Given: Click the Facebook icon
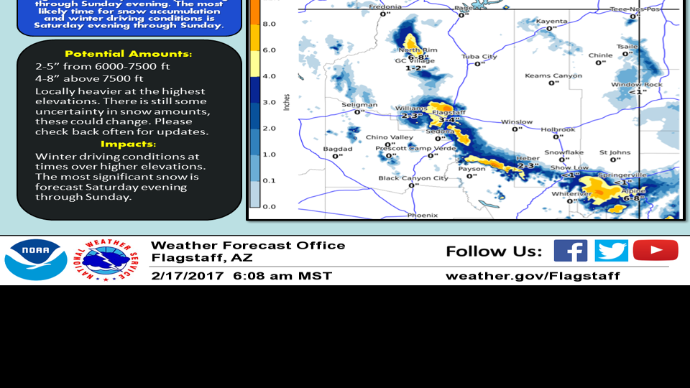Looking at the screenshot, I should [x=571, y=251].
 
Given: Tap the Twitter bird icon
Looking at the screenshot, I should [x=611, y=251].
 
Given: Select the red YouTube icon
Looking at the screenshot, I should [x=655, y=250].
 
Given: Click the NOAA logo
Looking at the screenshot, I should [x=36, y=259].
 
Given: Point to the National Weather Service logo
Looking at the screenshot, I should [x=108, y=259].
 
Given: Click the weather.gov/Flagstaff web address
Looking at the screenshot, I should [x=533, y=276].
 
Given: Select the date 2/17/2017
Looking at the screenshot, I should [x=187, y=276].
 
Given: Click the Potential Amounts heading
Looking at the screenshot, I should [x=129, y=54].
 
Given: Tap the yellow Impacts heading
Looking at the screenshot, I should [x=129, y=144].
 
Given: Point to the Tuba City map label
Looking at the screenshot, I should [x=479, y=57].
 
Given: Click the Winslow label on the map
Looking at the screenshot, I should [x=517, y=122].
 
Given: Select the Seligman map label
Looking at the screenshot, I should [x=359, y=105].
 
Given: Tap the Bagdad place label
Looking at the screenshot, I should [x=337, y=149].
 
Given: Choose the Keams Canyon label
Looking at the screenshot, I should [x=553, y=75].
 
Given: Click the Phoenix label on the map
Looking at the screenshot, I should [x=423, y=215].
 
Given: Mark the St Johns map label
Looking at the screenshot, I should [x=615, y=152].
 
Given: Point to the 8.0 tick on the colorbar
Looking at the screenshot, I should [x=269, y=24].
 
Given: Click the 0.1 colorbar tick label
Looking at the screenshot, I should [x=269, y=180].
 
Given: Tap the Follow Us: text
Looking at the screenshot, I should [x=494, y=251].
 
